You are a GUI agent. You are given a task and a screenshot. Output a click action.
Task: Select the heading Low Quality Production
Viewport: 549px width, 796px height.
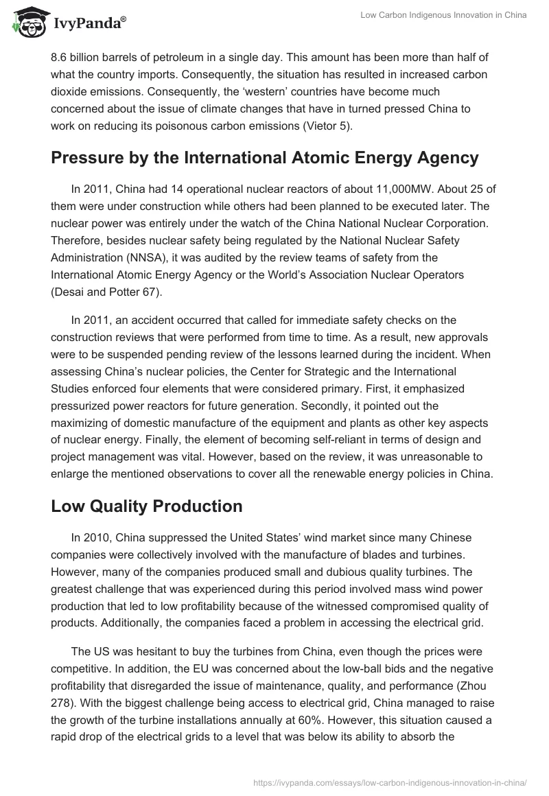pos(146,506)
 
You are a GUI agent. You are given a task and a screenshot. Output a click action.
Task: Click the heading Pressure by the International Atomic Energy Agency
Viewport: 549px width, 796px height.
pos(264,158)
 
